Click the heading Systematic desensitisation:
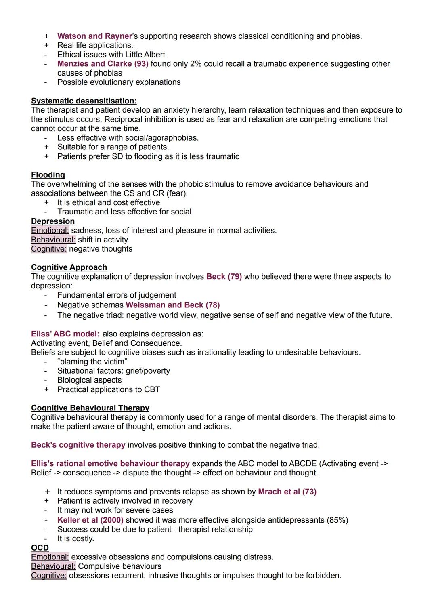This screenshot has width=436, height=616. (x=84, y=101)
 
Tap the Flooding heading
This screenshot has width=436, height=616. (x=48, y=175)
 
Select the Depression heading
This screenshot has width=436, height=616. (x=53, y=221)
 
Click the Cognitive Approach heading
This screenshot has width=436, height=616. (x=69, y=267)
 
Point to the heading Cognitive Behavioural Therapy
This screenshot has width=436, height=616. (x=90, y=408)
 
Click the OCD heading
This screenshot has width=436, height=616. (x=40, y=548)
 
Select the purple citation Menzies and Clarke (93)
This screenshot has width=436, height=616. (x=103, y=64)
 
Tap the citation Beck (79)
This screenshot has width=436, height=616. (x=224, y=277)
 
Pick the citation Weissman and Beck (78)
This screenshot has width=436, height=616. (x=173, y=305)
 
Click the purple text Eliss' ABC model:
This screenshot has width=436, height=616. (x=65, y=334)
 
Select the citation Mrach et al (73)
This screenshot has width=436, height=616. (x=287, y=492)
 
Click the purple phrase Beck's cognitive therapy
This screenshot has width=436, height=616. (x=78, y=445)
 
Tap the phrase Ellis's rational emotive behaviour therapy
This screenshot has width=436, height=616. (x=110, y=463)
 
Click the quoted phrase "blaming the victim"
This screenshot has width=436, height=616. (x=92, y=362)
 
